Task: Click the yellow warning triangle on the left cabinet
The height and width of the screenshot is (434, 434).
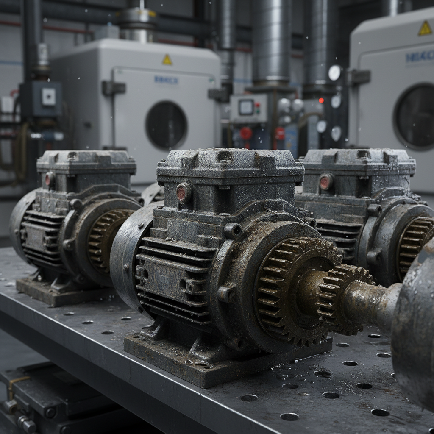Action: click(167, 60)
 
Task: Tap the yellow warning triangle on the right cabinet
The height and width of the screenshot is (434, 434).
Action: click(425, 28)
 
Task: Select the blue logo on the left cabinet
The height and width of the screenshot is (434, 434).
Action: click(166, 80)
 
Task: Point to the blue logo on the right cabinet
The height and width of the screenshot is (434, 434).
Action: click(420, 56)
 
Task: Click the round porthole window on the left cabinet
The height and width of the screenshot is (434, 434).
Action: click(166, 125)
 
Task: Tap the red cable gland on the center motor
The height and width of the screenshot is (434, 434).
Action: click(184, 193)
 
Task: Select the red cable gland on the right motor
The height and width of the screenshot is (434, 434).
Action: click(325, 182)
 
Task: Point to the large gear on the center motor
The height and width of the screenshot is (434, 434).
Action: click(292, 288)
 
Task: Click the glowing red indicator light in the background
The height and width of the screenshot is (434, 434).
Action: click(321, 100)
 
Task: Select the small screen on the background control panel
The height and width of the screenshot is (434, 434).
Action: click(246, 107)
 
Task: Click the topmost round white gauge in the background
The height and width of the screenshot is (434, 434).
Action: click(335, 73)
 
